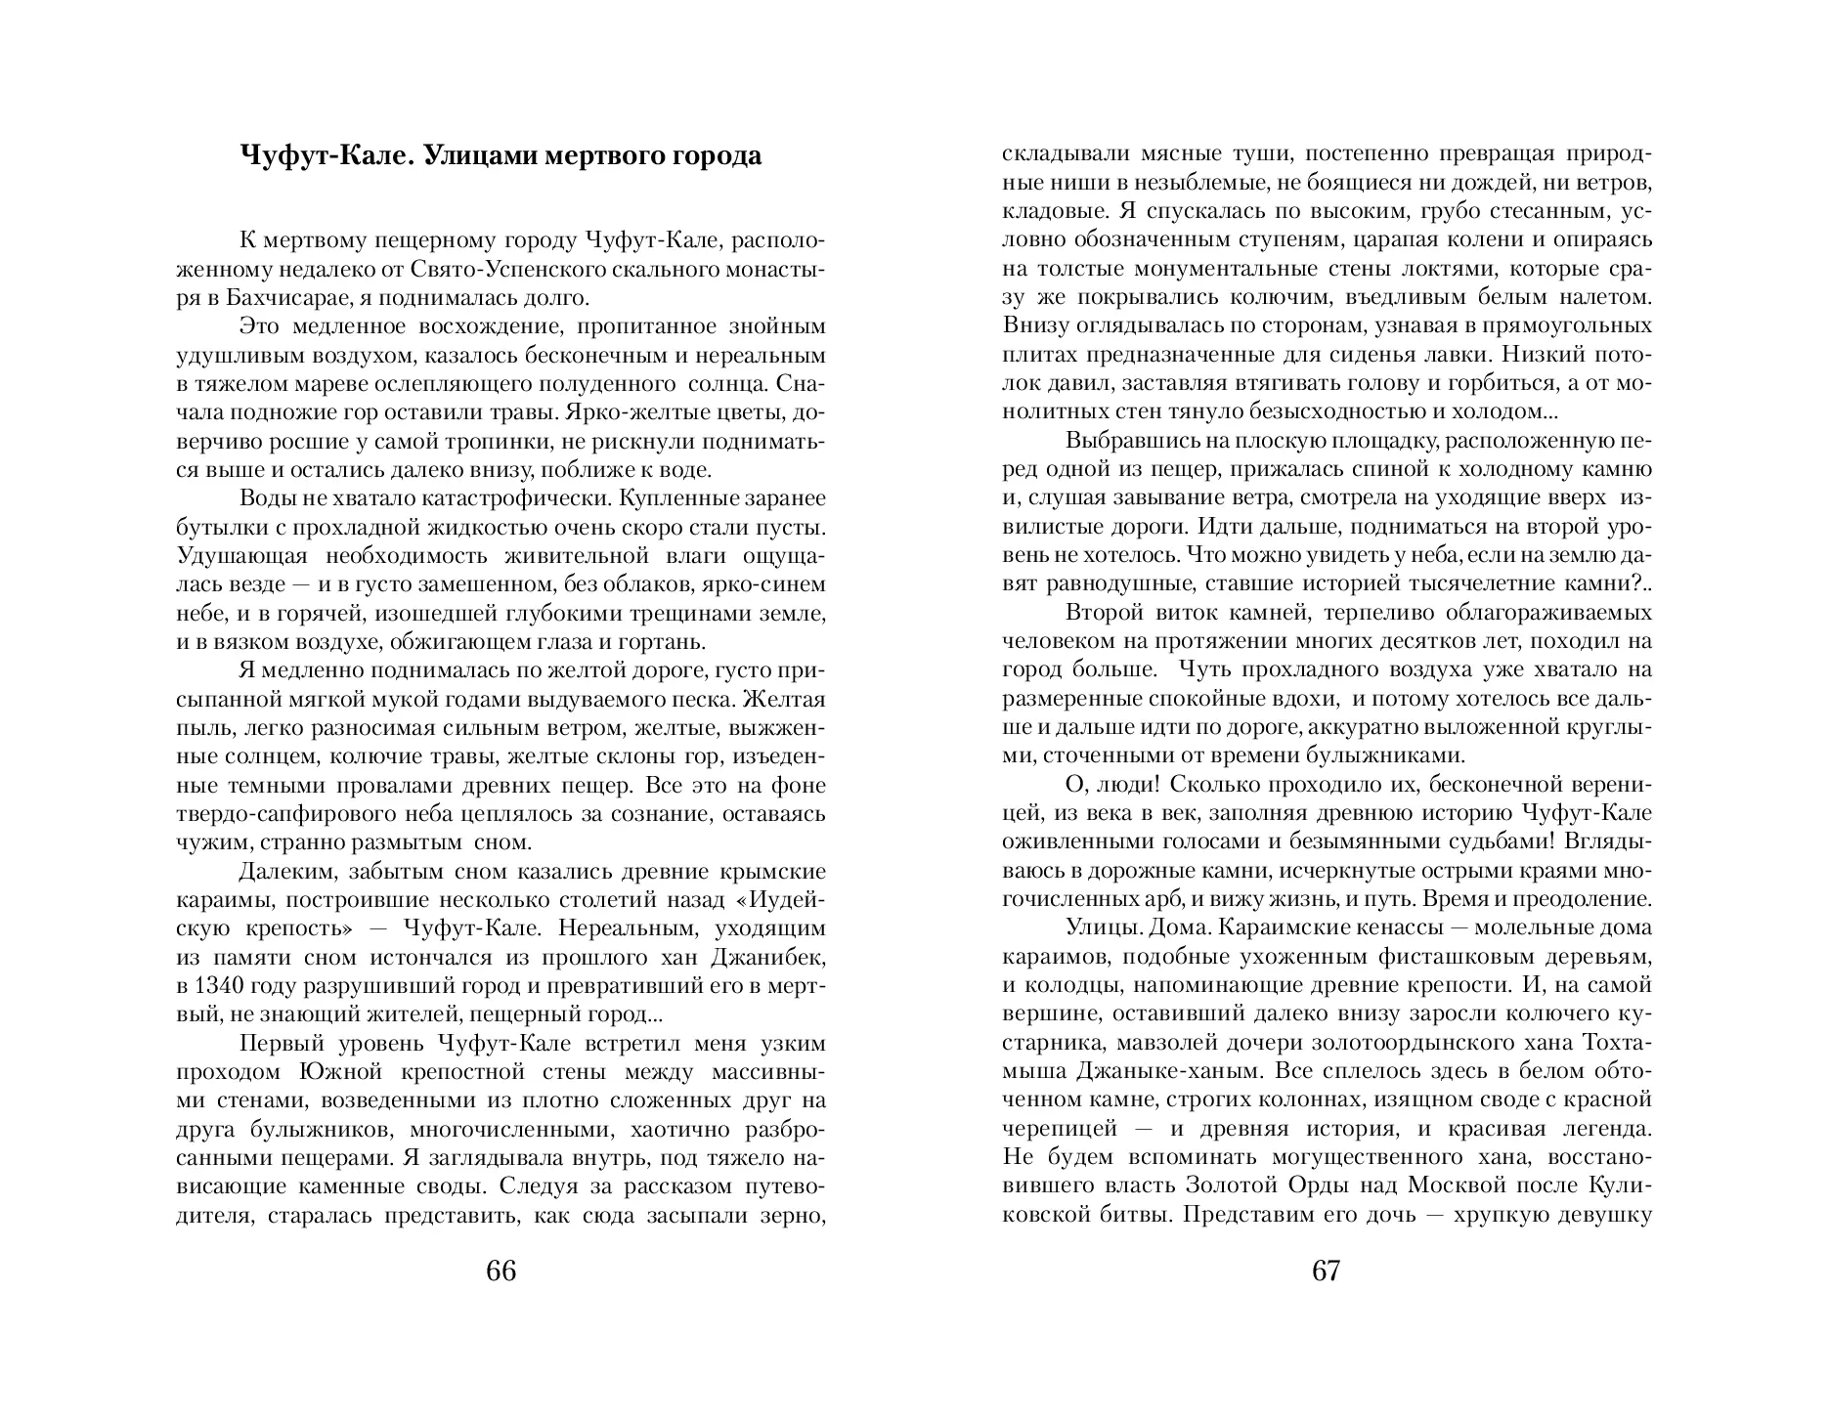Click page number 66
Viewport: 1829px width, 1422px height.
(x=501, y=1271)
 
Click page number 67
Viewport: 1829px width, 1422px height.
(x=1327, y=1271)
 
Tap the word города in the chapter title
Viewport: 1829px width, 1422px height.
(x=714, y=156)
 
